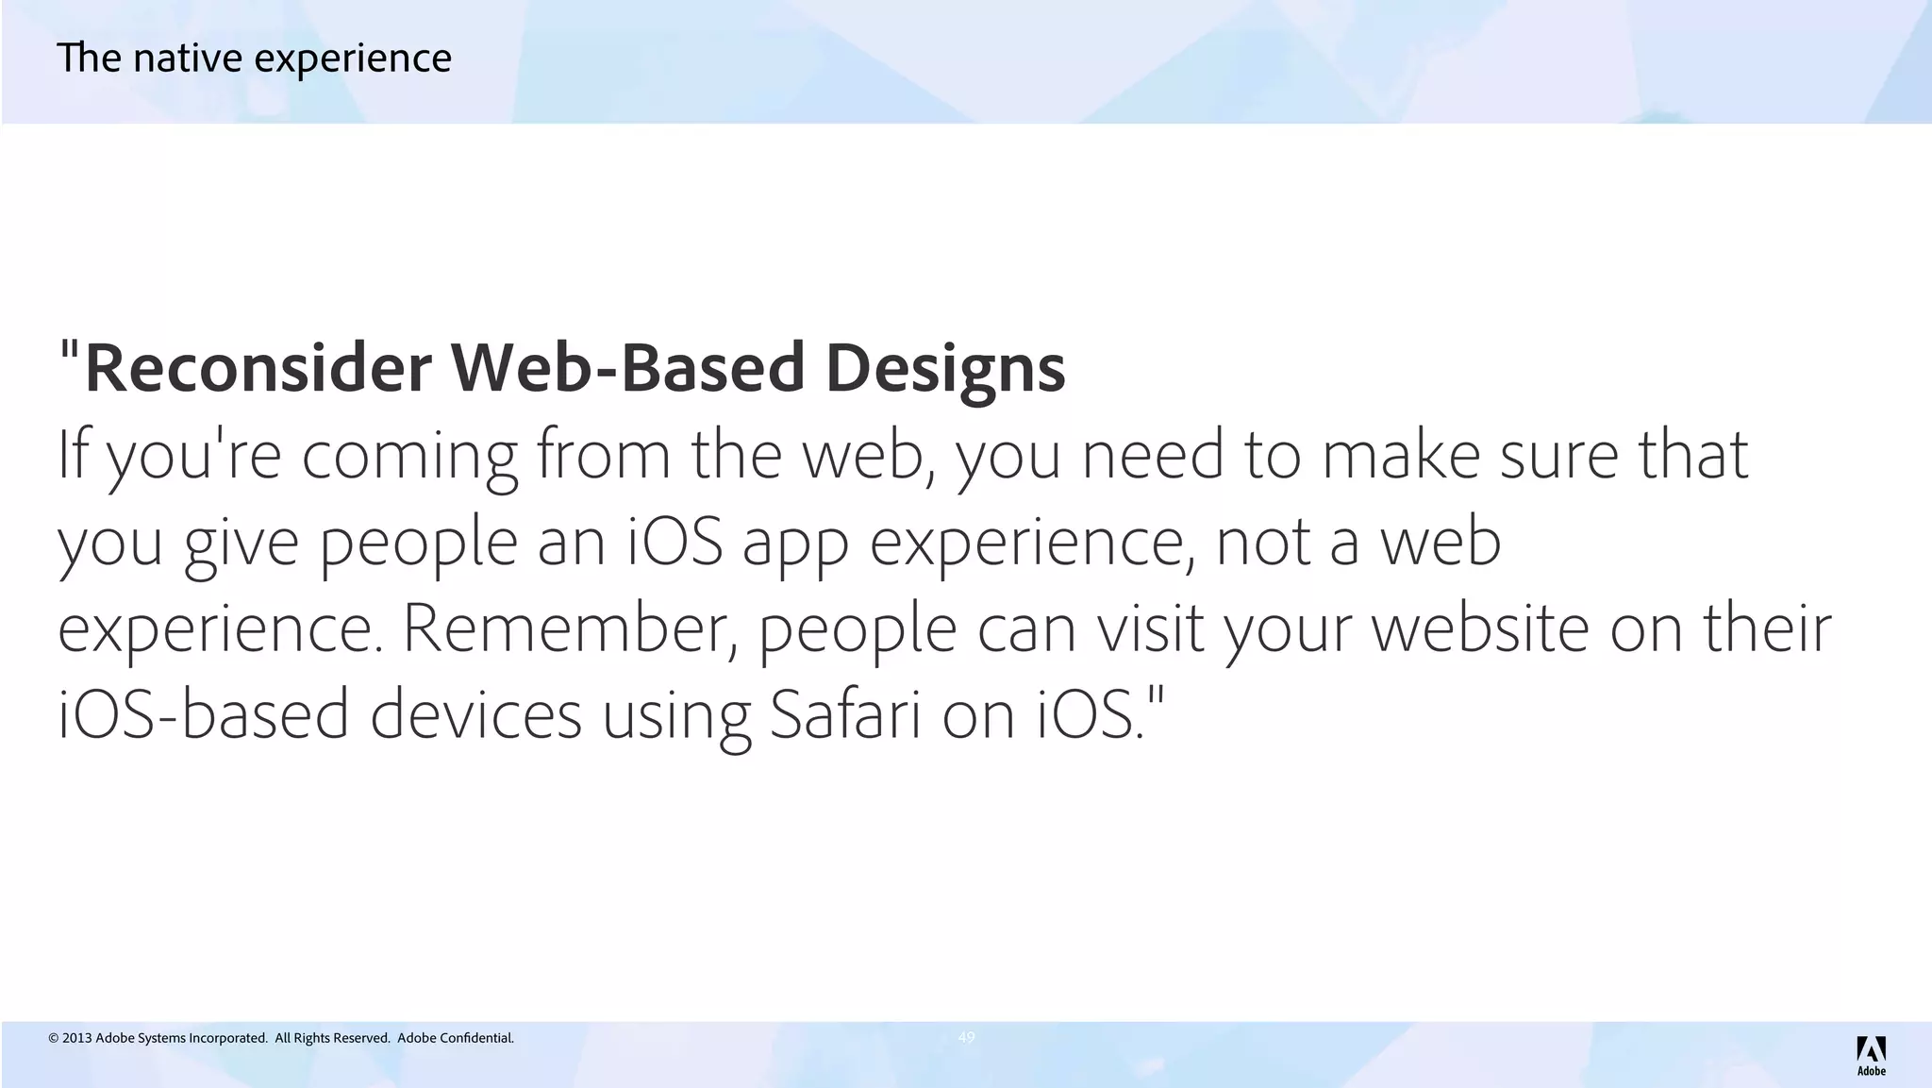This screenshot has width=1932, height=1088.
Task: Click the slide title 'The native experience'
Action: pos(254,59)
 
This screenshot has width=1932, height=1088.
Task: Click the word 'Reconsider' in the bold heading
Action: pos(258,368)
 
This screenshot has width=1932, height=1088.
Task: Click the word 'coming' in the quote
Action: pos(409,456)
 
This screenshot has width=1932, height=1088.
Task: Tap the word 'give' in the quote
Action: pos(241,544)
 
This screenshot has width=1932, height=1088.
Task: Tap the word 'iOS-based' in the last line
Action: pos(204,714)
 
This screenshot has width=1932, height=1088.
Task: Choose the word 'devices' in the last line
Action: pos(475,714)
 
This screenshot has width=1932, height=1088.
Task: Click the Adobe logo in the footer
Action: pos(1871,1055)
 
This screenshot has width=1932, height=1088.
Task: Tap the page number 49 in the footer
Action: pos(966,1037)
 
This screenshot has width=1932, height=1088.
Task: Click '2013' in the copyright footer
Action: pos(77,1038)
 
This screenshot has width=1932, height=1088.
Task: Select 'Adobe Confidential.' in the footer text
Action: pos(456,1038)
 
